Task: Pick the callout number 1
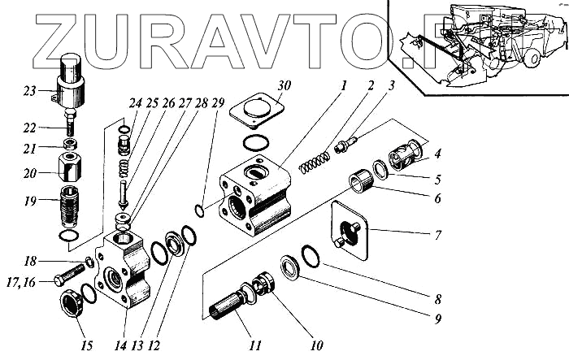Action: [x=344, y=84]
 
